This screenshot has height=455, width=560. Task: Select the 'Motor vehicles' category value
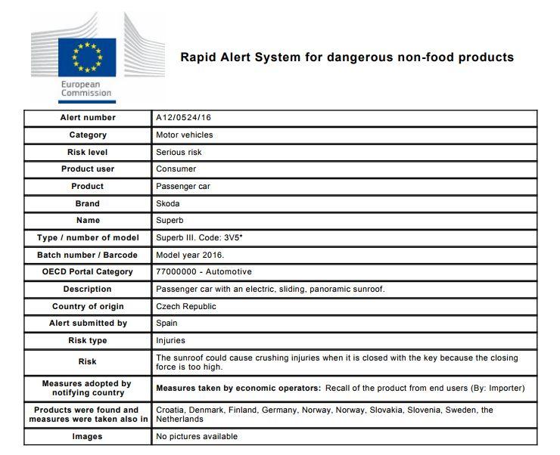185,135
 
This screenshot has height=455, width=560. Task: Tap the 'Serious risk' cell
179,152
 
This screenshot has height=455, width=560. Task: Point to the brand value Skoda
168,203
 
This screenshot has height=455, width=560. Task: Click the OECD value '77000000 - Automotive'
204,271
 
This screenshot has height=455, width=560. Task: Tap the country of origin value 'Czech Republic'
186,306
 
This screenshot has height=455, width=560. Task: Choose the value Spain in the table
166,323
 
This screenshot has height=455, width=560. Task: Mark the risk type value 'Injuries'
170,340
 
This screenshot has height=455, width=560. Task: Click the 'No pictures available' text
197,436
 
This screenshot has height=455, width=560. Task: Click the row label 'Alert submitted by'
88,323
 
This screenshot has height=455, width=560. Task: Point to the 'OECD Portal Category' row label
88,271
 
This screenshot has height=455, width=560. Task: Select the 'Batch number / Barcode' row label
88,255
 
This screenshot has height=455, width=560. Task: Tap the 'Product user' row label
88,169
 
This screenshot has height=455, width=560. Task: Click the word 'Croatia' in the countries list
172,410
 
